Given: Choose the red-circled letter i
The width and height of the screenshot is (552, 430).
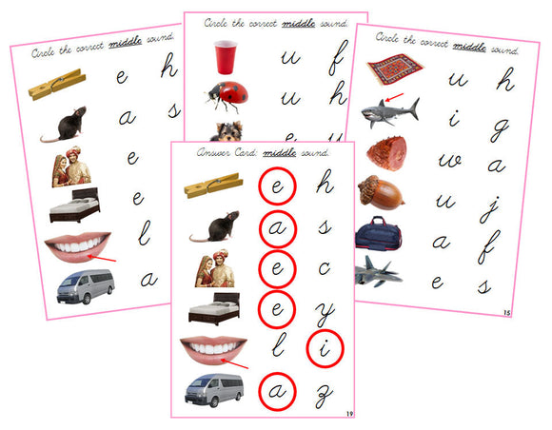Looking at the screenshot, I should (325, 349).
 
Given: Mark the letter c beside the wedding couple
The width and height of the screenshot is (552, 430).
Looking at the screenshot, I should (325, 267).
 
